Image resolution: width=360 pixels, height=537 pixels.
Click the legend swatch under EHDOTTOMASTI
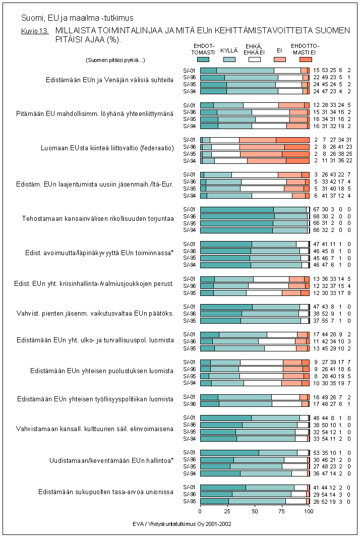point(203,59)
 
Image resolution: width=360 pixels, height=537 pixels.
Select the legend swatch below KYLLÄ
point(229,59)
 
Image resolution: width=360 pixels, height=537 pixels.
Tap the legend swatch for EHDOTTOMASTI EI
point(305,59)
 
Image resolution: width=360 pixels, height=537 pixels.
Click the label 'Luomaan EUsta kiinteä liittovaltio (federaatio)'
point(107,148)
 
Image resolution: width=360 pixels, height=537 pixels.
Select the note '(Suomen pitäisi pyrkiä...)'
point(115,60)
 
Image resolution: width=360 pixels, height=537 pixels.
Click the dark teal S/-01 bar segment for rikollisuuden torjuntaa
point(236,209)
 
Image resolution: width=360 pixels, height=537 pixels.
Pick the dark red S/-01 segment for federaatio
point(292,140)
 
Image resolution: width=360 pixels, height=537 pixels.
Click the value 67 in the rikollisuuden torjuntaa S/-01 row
point(317,209)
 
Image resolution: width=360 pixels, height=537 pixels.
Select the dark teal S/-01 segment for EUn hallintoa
point(229,452)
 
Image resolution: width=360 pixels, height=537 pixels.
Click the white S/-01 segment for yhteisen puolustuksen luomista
point(261,362)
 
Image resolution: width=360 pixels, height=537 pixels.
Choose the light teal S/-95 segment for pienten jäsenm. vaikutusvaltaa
point(270,320)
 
